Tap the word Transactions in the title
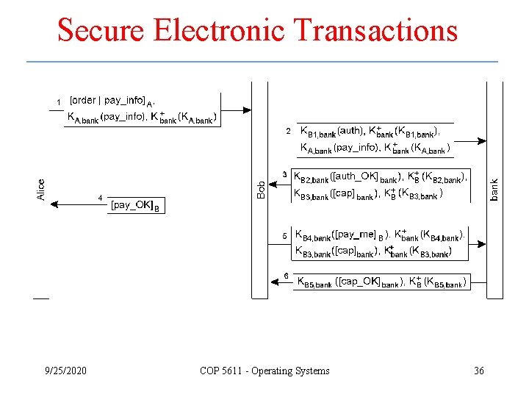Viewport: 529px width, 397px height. coord(375,31)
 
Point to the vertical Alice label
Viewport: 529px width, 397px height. coord(42,190)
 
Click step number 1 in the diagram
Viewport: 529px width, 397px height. coord(59,101)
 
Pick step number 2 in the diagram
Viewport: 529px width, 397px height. coord(288,132)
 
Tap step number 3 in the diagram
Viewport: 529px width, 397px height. coord(285,174)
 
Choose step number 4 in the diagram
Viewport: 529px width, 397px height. coord(101,198)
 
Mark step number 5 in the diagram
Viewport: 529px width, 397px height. coord(285,236)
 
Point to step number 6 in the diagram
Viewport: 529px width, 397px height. coord(286,276)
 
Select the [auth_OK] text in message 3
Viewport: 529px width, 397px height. coord(355,177)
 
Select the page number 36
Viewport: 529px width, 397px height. coord(478,371)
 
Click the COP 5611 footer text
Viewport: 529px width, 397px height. coord(264,371)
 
